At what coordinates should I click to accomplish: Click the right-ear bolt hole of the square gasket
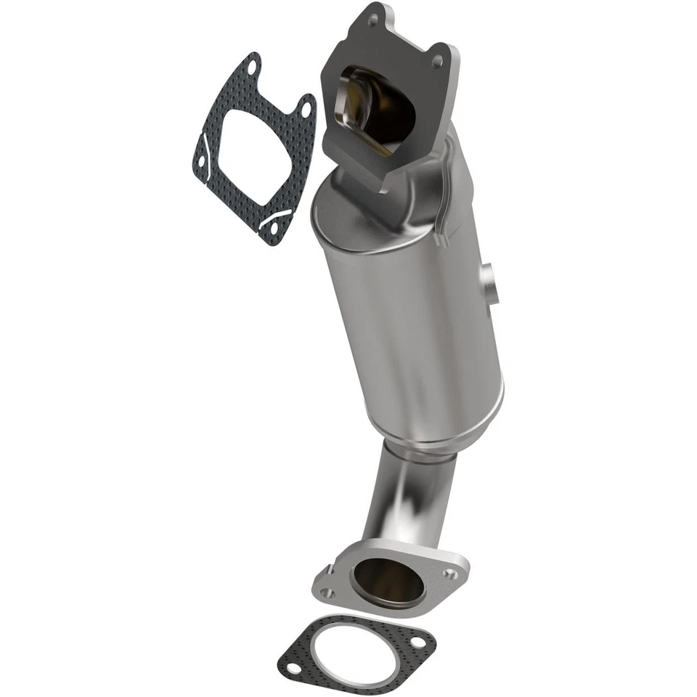306,110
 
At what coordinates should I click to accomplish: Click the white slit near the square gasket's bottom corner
277,216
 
